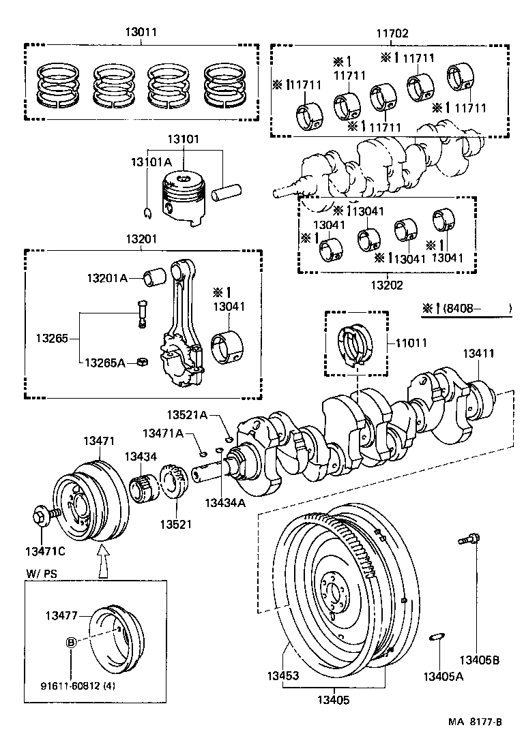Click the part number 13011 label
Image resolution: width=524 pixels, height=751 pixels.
[141, 31]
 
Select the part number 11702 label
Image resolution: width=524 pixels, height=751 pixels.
[392, 31]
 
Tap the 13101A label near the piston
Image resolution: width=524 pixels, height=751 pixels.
[151, 162]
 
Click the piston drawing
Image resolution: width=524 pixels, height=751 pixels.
[183, 198]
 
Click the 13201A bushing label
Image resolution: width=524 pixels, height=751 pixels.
[107, 278]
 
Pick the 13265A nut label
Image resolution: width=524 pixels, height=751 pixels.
[105, 363]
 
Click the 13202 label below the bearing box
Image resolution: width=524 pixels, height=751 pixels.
[388, 286]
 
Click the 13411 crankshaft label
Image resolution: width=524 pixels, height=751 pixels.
[480, 354]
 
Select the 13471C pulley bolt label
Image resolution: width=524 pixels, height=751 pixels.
[46, 551]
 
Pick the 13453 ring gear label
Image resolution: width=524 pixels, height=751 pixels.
[284, 676]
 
